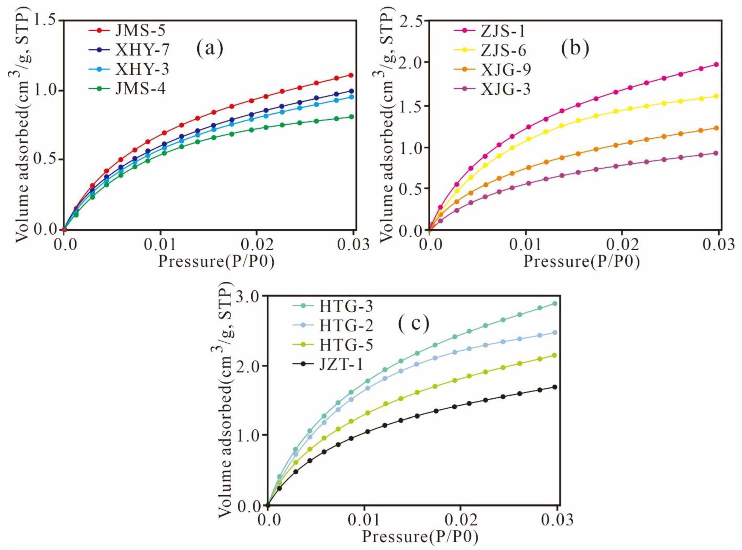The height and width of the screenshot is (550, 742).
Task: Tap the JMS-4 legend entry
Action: click(140, 89)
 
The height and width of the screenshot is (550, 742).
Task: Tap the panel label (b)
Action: click(575, 48)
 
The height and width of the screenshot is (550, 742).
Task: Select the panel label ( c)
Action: click(414, 324)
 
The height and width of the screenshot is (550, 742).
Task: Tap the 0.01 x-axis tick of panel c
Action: click(364, 520)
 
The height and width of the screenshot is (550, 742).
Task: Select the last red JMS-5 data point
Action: click(350, 75)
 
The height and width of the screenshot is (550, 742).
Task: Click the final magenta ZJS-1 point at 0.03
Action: click(716, 65)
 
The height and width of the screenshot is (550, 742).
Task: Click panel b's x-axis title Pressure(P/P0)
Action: click(581, 262)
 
